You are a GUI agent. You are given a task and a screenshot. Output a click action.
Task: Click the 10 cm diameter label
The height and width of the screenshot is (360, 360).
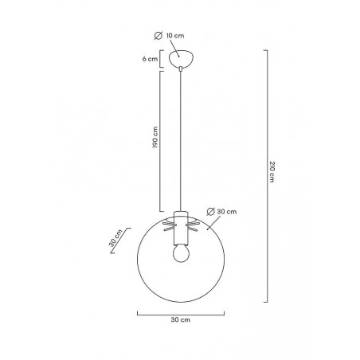[175, 36]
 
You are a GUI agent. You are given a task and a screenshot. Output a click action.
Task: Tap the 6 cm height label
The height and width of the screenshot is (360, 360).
[150, 59]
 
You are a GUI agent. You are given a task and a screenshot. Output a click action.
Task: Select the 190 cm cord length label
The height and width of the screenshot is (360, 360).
[155, 137]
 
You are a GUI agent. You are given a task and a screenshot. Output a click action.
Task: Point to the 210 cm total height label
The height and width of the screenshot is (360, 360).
[272, 171]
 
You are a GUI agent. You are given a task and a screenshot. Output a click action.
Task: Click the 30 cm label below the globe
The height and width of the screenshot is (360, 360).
[181, 319]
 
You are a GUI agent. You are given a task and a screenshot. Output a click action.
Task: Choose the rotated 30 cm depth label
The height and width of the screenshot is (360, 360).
[115, 238]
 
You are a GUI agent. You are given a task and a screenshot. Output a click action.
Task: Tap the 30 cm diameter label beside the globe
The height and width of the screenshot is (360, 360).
[227, 212]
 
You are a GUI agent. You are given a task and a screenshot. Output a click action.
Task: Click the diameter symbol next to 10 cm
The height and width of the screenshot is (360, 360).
[158, 36]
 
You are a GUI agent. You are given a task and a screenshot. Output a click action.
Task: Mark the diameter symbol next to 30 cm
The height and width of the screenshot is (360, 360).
[210, 212]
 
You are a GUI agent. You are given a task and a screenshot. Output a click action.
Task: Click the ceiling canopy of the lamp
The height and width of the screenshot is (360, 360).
[181, 58]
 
